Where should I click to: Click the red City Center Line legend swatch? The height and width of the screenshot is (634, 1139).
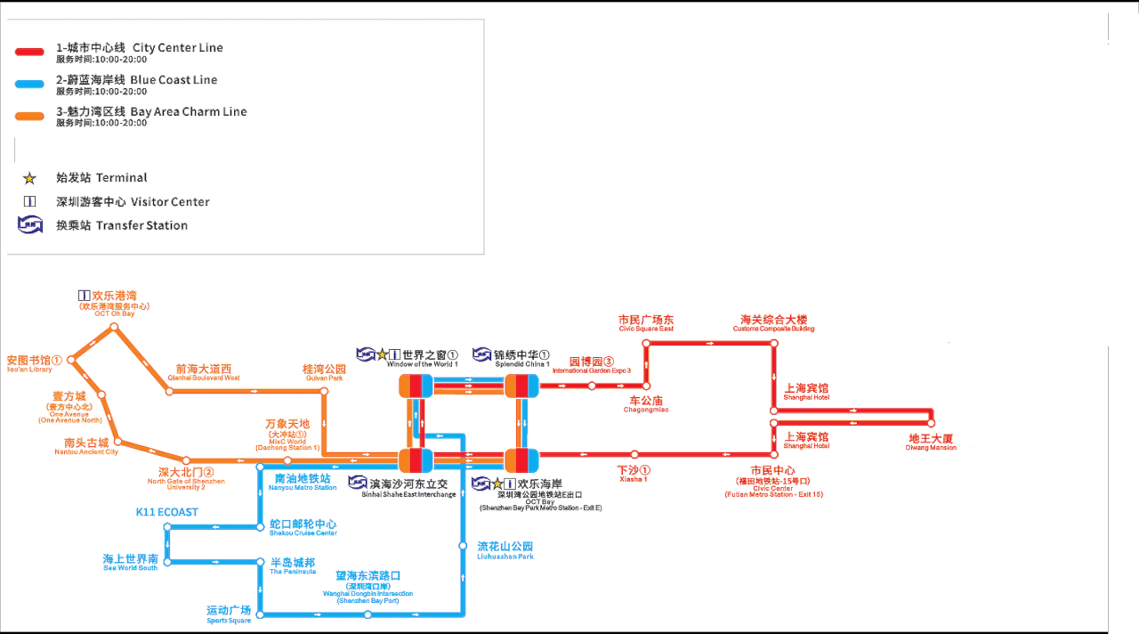[29, 53]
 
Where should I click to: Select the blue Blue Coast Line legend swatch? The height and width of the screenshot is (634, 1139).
[29, 85]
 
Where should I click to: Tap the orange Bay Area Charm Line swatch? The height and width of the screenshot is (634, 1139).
[29, 117]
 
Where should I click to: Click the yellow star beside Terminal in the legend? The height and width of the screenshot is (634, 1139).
[29, 178]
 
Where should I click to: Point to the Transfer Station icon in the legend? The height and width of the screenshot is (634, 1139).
[30, 225]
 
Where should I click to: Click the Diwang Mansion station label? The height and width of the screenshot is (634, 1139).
[932, 442]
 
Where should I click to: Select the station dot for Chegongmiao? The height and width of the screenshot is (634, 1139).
[647, 386]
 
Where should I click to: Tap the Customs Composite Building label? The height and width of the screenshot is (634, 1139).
[773, 323]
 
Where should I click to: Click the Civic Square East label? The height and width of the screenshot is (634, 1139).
[646, 323]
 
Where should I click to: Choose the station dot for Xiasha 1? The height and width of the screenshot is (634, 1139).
[633, 455]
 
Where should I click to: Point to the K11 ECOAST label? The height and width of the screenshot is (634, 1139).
[166, 512]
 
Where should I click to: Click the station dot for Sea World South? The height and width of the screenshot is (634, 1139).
[168, 561]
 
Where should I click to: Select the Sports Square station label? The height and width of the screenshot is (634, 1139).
[229, 614]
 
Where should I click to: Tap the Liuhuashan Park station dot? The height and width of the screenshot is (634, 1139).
[463, 545]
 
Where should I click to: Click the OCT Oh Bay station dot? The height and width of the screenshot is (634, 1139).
[114, 328]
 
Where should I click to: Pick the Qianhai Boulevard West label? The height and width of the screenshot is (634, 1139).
[203, 372]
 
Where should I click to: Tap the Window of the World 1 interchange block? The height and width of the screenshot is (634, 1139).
[416, 386]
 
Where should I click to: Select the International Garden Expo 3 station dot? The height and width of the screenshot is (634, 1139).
[592, 386]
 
